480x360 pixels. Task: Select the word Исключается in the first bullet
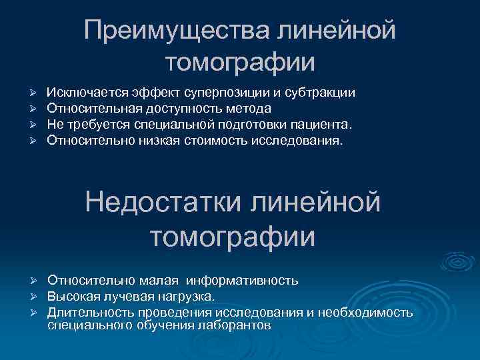coord(82,92)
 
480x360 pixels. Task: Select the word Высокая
coord(74,296)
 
